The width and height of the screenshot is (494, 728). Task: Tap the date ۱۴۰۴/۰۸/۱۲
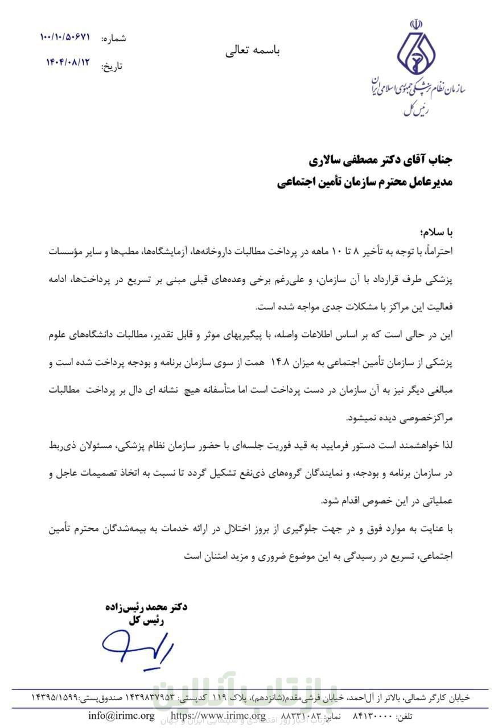pos(68,63)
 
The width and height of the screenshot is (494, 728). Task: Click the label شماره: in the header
pos(113,39)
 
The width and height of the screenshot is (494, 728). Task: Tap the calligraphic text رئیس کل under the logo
pos(415,109)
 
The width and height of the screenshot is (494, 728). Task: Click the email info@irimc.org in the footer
pos(121,715)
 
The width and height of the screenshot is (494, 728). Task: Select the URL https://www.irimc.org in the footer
pos(218,715)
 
